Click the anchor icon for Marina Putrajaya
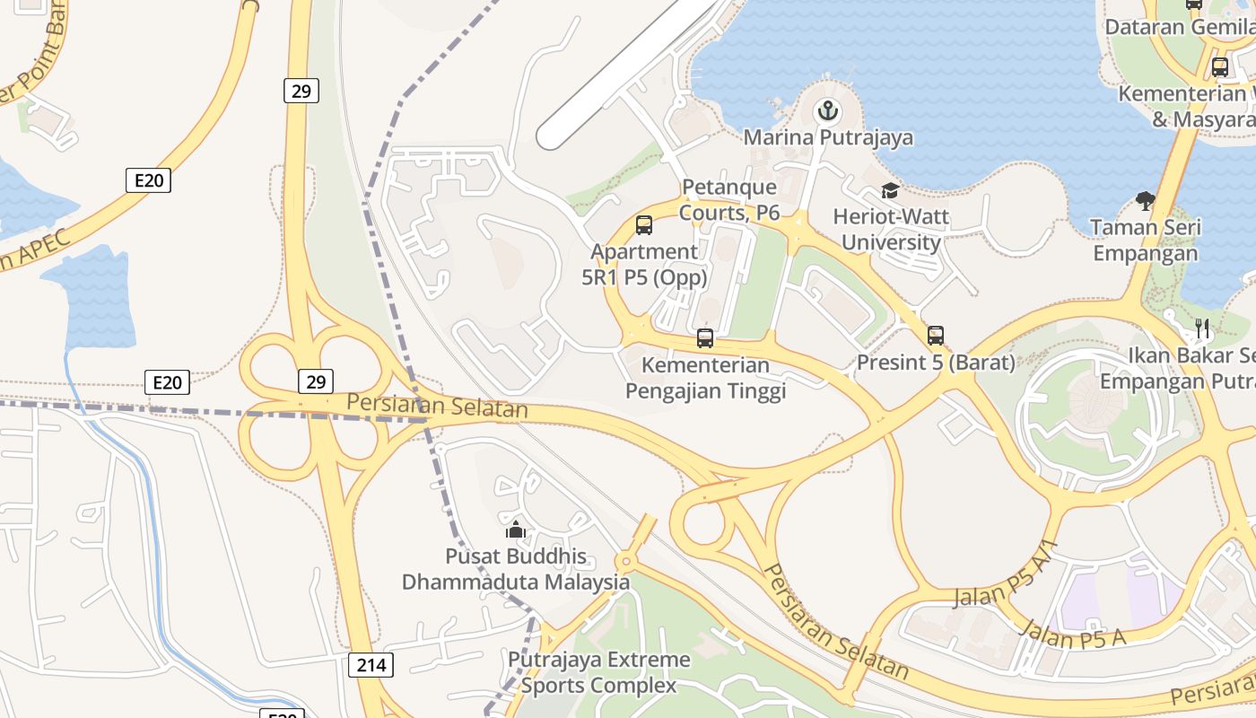(826, 112)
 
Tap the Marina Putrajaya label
(828, 137)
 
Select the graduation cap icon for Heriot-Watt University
(890, 190)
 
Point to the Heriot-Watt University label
(890, 230)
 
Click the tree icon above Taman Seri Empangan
(1145, 201)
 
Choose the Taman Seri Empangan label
(1145, 241)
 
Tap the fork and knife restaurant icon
(1203, 328)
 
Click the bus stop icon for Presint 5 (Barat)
(936, 336)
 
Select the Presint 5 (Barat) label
(936, 363)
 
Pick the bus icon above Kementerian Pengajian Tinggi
(705, 338)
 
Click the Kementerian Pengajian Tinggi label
(705, 378)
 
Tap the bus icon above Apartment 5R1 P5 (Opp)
(644, 225)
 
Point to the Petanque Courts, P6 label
(728, 199)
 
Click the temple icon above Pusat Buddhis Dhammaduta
(516, 530)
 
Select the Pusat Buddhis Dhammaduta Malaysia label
(516, 569)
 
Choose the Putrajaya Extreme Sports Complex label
(599, 673)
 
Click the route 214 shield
(371, 665)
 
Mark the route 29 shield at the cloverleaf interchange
(315, 381)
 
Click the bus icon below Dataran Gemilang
(1219, 66)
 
